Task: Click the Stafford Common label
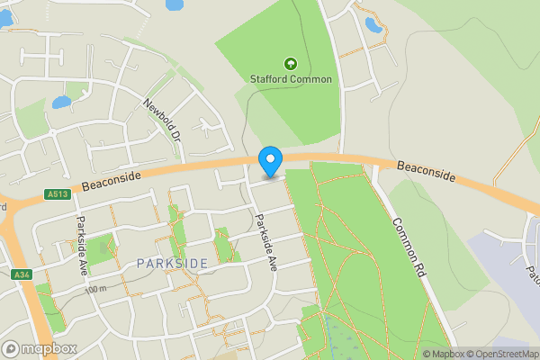pyautogui.click(x=291, y=79)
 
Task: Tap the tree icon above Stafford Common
pyautogui.click(x=291, y=64)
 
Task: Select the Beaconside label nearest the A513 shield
pyautogui.click(x=111, y=182)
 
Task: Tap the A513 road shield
pyautogui.click(x=56, y=193)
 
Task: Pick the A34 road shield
pyautogui.click(x=21, y=274)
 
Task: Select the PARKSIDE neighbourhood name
pyautogui.click(x=173, y=263)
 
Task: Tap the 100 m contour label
pyautogui.click(x=95, y=289)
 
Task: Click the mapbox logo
pyautogui.click(x=40, y=348)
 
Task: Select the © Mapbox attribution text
pyautogui.click(x=444, y=354)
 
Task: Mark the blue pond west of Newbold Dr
pyautogui.click(x=61, y=103)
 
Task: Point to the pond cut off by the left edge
pyautogui.click(x=5, y=18)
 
